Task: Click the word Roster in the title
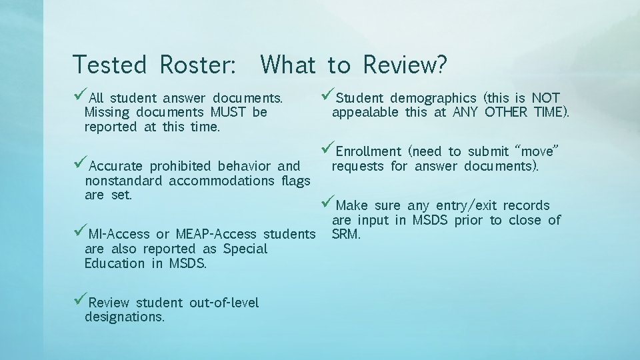(197, 65)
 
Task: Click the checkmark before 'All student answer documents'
(80, 97)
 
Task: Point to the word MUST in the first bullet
(229, 113)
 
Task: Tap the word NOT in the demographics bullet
(545, 98)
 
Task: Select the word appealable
(365, 113)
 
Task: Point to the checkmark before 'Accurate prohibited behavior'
(80, 165)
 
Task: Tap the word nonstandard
(125, 181)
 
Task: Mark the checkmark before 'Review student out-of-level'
(80, 301)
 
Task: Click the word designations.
(124, 317)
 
